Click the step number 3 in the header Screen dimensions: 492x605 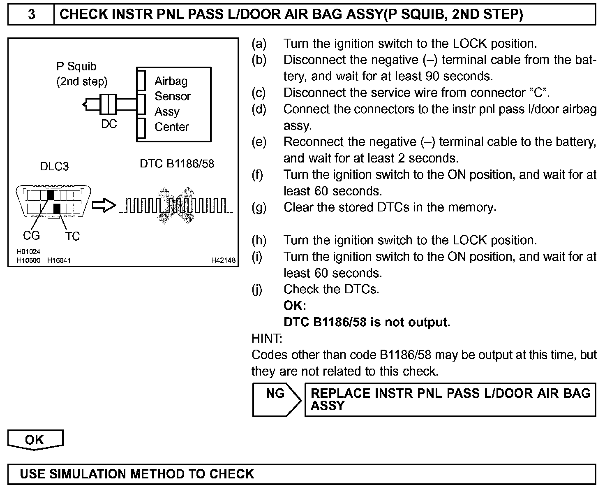pos(31,15)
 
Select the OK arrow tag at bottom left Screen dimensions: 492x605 pos(35,440)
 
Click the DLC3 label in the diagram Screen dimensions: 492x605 pos(54,167)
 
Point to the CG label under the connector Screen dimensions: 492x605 pos(31,235)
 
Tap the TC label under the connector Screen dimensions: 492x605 pos(72,236)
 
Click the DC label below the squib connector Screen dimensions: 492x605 pos(109,123)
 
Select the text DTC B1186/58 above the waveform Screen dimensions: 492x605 pos(177,164)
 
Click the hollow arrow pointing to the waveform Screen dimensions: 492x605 pos(104,206)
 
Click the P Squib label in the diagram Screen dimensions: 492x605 pos(76,67)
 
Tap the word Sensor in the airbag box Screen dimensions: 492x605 pos(173,96)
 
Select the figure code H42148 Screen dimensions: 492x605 pos(224,260)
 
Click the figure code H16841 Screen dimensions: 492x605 pos(59,260)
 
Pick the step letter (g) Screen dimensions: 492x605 pos(259,207)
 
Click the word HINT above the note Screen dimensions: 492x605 pos(267,339)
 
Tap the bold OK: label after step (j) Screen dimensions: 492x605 pos(295,306)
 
